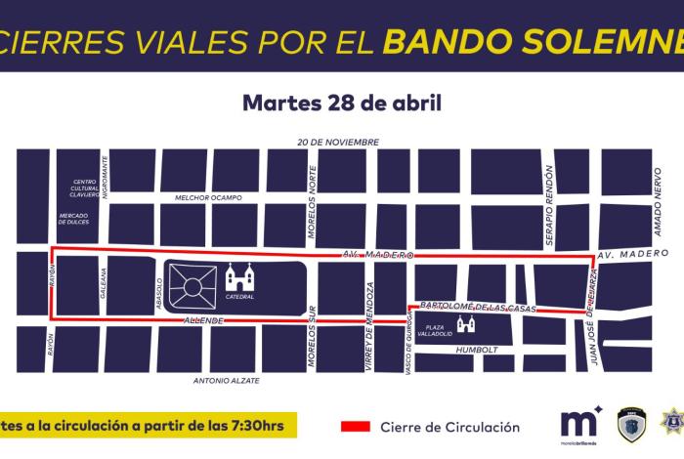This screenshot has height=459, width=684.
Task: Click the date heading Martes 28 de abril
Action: (x=341, y=103)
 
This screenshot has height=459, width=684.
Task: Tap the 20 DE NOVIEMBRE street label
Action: (x=338, y=143)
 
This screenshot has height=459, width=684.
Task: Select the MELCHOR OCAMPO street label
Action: (x=208, y=197)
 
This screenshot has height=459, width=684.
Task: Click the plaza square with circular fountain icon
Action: (x=192, y=288)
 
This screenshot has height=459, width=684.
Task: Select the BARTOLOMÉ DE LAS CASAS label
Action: (x=479, y=309)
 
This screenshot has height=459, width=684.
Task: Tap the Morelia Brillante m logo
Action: (x=580, y=425)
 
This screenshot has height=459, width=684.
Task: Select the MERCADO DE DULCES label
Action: (x=74, y=219)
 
